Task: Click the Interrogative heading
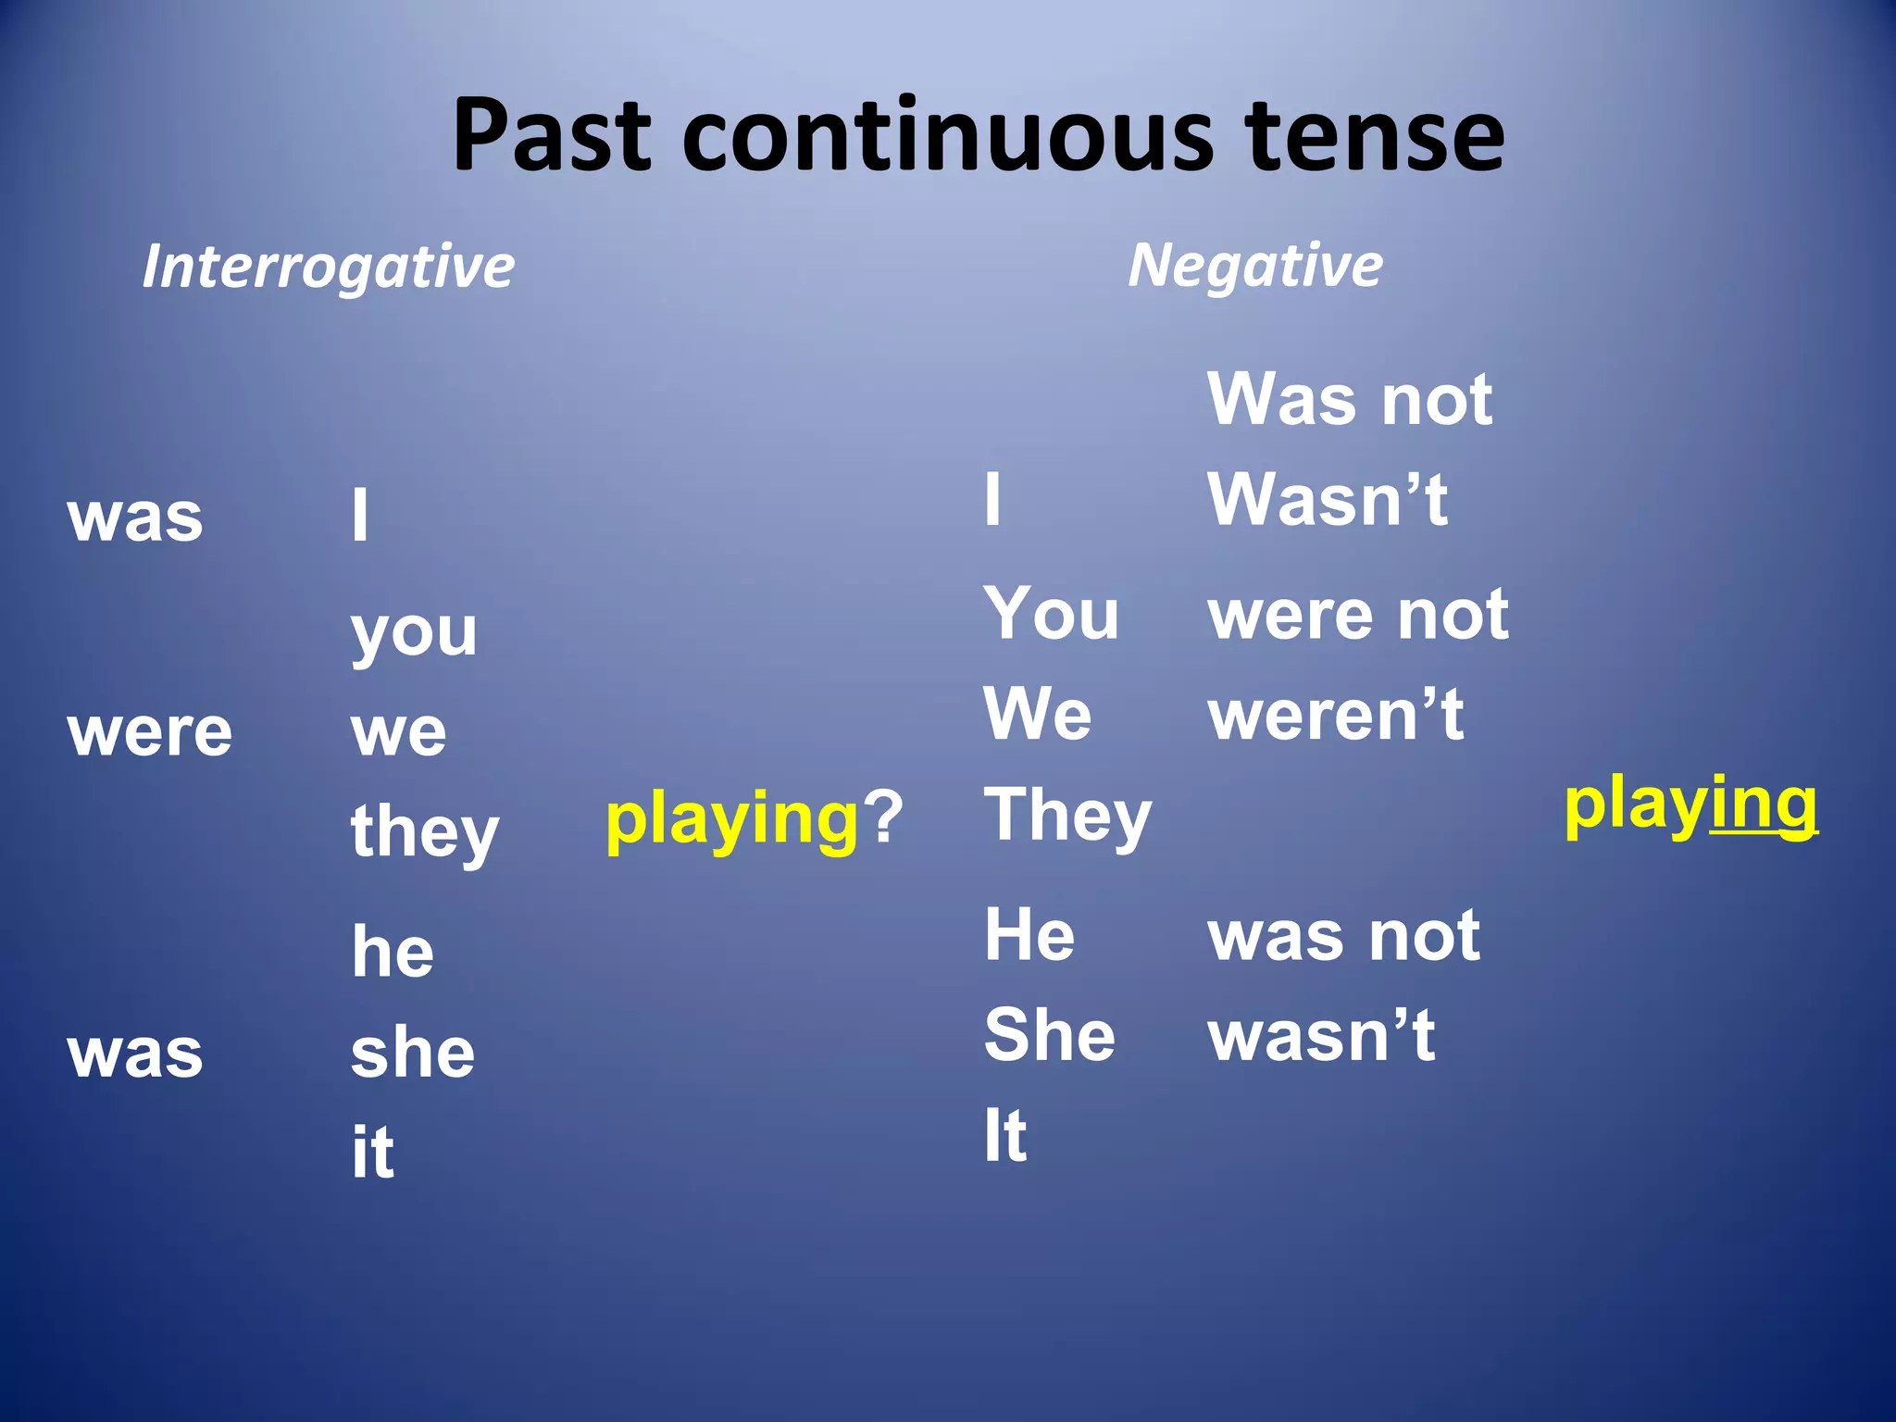(x=329, y=267)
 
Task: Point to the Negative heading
(x=1254, y=266)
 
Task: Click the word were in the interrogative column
(x=150, y=732)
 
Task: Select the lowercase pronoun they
(x=425, y=831)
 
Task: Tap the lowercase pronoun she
(x=413, y=1054)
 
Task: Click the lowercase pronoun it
(x=373, y=1153)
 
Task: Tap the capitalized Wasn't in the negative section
(x=1328, y=499)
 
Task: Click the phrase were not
(x=1358, y=615)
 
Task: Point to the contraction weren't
(x=1336, y=715)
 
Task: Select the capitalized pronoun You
(x=1051, y=614)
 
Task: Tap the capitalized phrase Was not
(x=1350, y=400)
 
